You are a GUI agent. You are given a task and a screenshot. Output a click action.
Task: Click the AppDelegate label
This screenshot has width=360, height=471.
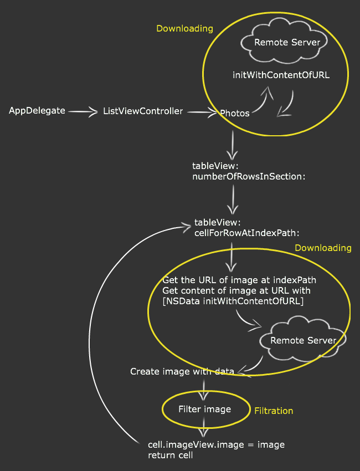(37, 111)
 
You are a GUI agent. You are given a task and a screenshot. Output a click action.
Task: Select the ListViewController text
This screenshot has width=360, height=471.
(143, 111)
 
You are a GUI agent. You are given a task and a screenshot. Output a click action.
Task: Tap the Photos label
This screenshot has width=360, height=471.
(235, 114)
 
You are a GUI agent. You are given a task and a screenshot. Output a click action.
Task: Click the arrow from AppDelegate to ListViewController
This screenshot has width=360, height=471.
(83, 112)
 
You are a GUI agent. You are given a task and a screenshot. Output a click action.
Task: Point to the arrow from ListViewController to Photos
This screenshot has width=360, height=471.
(202, 112)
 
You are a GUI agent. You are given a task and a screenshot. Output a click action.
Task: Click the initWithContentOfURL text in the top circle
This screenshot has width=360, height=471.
(281, 75)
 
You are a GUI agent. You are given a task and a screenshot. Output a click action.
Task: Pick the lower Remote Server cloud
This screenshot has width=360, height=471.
(303, 340)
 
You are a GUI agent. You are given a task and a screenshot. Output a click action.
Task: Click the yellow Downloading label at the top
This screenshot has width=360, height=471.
(184, 29)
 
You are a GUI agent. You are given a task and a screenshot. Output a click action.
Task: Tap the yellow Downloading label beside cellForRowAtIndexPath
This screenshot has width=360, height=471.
(323, 248)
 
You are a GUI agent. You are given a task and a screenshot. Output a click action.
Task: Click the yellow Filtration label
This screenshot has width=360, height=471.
(274, 411)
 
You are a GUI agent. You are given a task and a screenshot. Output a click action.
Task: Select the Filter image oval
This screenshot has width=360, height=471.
(204, 409)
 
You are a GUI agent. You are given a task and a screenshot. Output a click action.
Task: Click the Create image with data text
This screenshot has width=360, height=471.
(182, 371)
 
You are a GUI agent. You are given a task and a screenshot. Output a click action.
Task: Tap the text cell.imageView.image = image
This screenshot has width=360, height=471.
(216, 445)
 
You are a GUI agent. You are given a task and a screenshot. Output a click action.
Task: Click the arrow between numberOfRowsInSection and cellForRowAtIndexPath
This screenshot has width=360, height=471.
(234, 199)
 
